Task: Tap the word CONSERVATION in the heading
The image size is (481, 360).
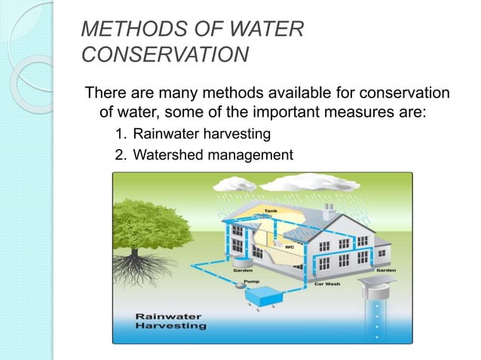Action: coord(164,55)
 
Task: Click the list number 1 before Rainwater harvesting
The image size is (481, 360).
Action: coord(119,136)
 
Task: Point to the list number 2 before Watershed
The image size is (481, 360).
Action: coord(119,155)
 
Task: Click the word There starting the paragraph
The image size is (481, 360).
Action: coord(106,94)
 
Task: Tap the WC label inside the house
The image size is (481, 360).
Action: coord(288,246)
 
